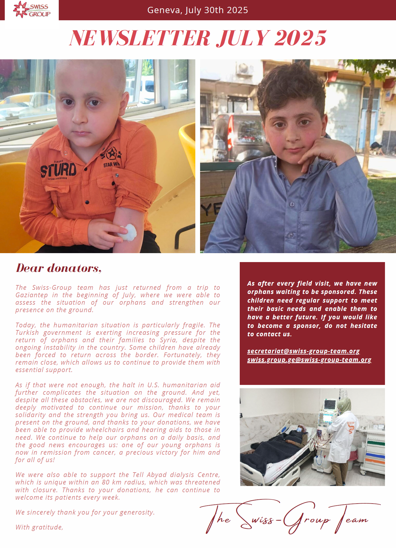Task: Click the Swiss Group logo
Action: click(32, 10)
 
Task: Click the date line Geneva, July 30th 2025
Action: click(197, 10)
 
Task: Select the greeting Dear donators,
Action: click(59, 268)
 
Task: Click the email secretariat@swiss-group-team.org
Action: click(303, 351)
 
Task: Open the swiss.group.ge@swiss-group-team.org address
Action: click(309, 360)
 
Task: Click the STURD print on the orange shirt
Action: click(58, 170)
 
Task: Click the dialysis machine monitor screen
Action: click(330, 405)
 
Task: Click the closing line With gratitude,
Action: click(39, 527)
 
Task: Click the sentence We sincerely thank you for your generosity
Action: click(85, 512)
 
